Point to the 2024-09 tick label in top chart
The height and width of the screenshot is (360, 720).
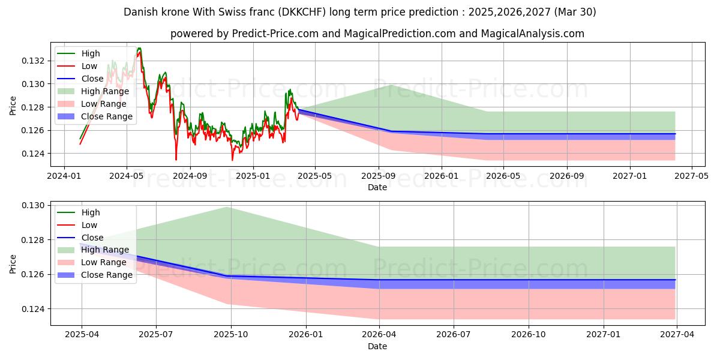190,176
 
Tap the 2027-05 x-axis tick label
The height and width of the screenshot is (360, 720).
692,176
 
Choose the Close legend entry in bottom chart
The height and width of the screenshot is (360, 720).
92,238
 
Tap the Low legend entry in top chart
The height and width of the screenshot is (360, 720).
89,66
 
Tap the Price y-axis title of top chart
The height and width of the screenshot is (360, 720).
13,105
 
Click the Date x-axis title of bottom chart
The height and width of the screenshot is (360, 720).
377,346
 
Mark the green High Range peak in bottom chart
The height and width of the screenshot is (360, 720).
227,207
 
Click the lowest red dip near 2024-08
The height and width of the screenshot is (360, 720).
176,159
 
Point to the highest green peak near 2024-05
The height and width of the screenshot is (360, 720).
139,48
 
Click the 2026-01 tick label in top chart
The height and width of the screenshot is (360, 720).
442,176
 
